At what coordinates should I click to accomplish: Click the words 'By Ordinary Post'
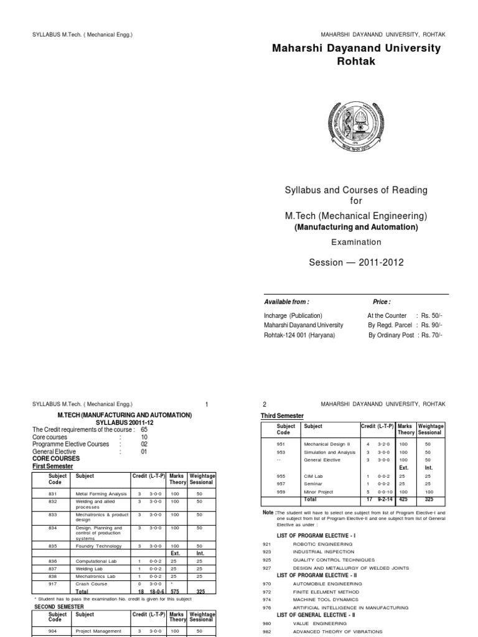pos(390,335)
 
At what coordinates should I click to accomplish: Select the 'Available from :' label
pos(286,301)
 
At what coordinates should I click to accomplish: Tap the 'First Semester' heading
pos(53,466)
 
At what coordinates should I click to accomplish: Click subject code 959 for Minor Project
pos(283,491)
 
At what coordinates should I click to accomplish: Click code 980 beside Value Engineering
pos(268,623)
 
